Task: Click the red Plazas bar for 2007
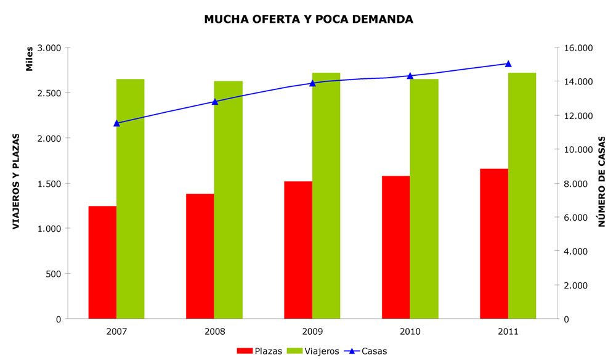102,262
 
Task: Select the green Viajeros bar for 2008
229,200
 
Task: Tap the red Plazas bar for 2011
494,243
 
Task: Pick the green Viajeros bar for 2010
424,199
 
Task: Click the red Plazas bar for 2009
298,250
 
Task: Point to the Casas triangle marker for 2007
116,123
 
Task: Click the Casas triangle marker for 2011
508,63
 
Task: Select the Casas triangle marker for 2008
215,102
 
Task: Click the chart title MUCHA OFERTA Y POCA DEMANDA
309,19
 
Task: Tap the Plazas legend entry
259,351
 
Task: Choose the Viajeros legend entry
313,351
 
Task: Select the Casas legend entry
365,351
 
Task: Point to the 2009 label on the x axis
312,332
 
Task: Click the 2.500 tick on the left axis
49,93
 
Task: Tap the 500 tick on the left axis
54,274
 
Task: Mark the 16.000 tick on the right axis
578,48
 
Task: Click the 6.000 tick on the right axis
575,218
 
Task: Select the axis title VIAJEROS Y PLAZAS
16,182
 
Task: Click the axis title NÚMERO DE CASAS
601,182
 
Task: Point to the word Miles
30,59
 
